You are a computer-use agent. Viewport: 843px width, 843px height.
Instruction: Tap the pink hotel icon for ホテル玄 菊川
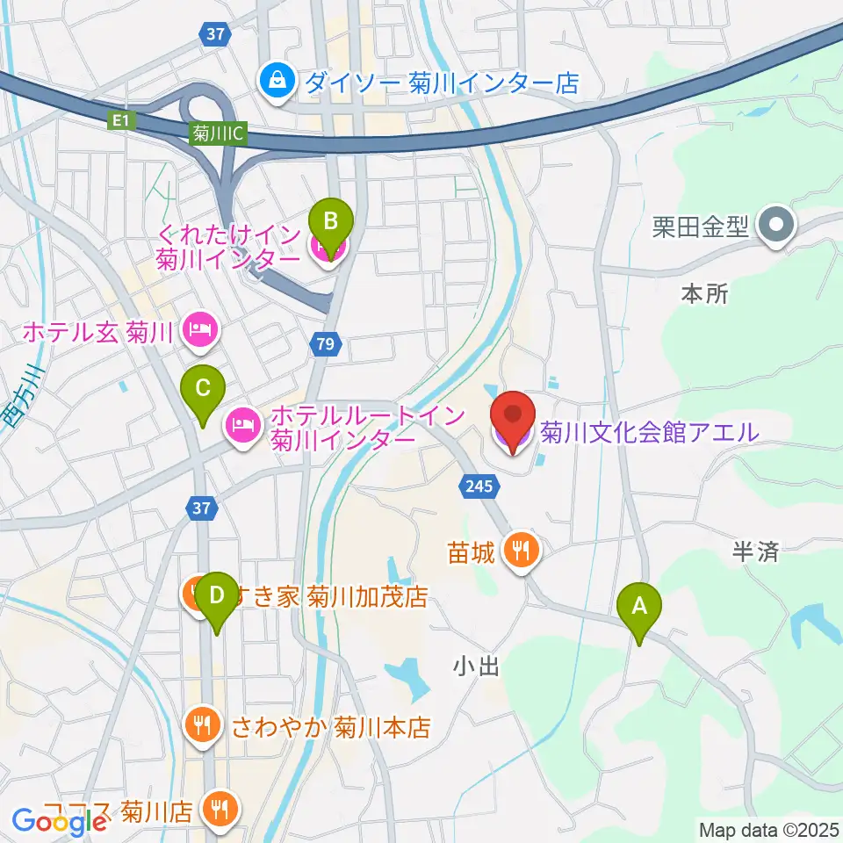point(201,331)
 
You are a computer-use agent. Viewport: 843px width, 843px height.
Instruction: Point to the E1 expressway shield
point(123,121)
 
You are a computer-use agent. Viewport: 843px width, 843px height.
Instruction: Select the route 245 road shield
point(479,485)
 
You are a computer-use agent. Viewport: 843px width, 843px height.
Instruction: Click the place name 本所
point(704,294)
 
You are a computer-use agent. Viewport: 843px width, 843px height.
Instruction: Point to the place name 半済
point(755,551)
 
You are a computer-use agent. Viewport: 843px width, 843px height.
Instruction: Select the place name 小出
point(477,667)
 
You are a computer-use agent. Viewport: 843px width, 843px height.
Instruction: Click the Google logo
point(59,822)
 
